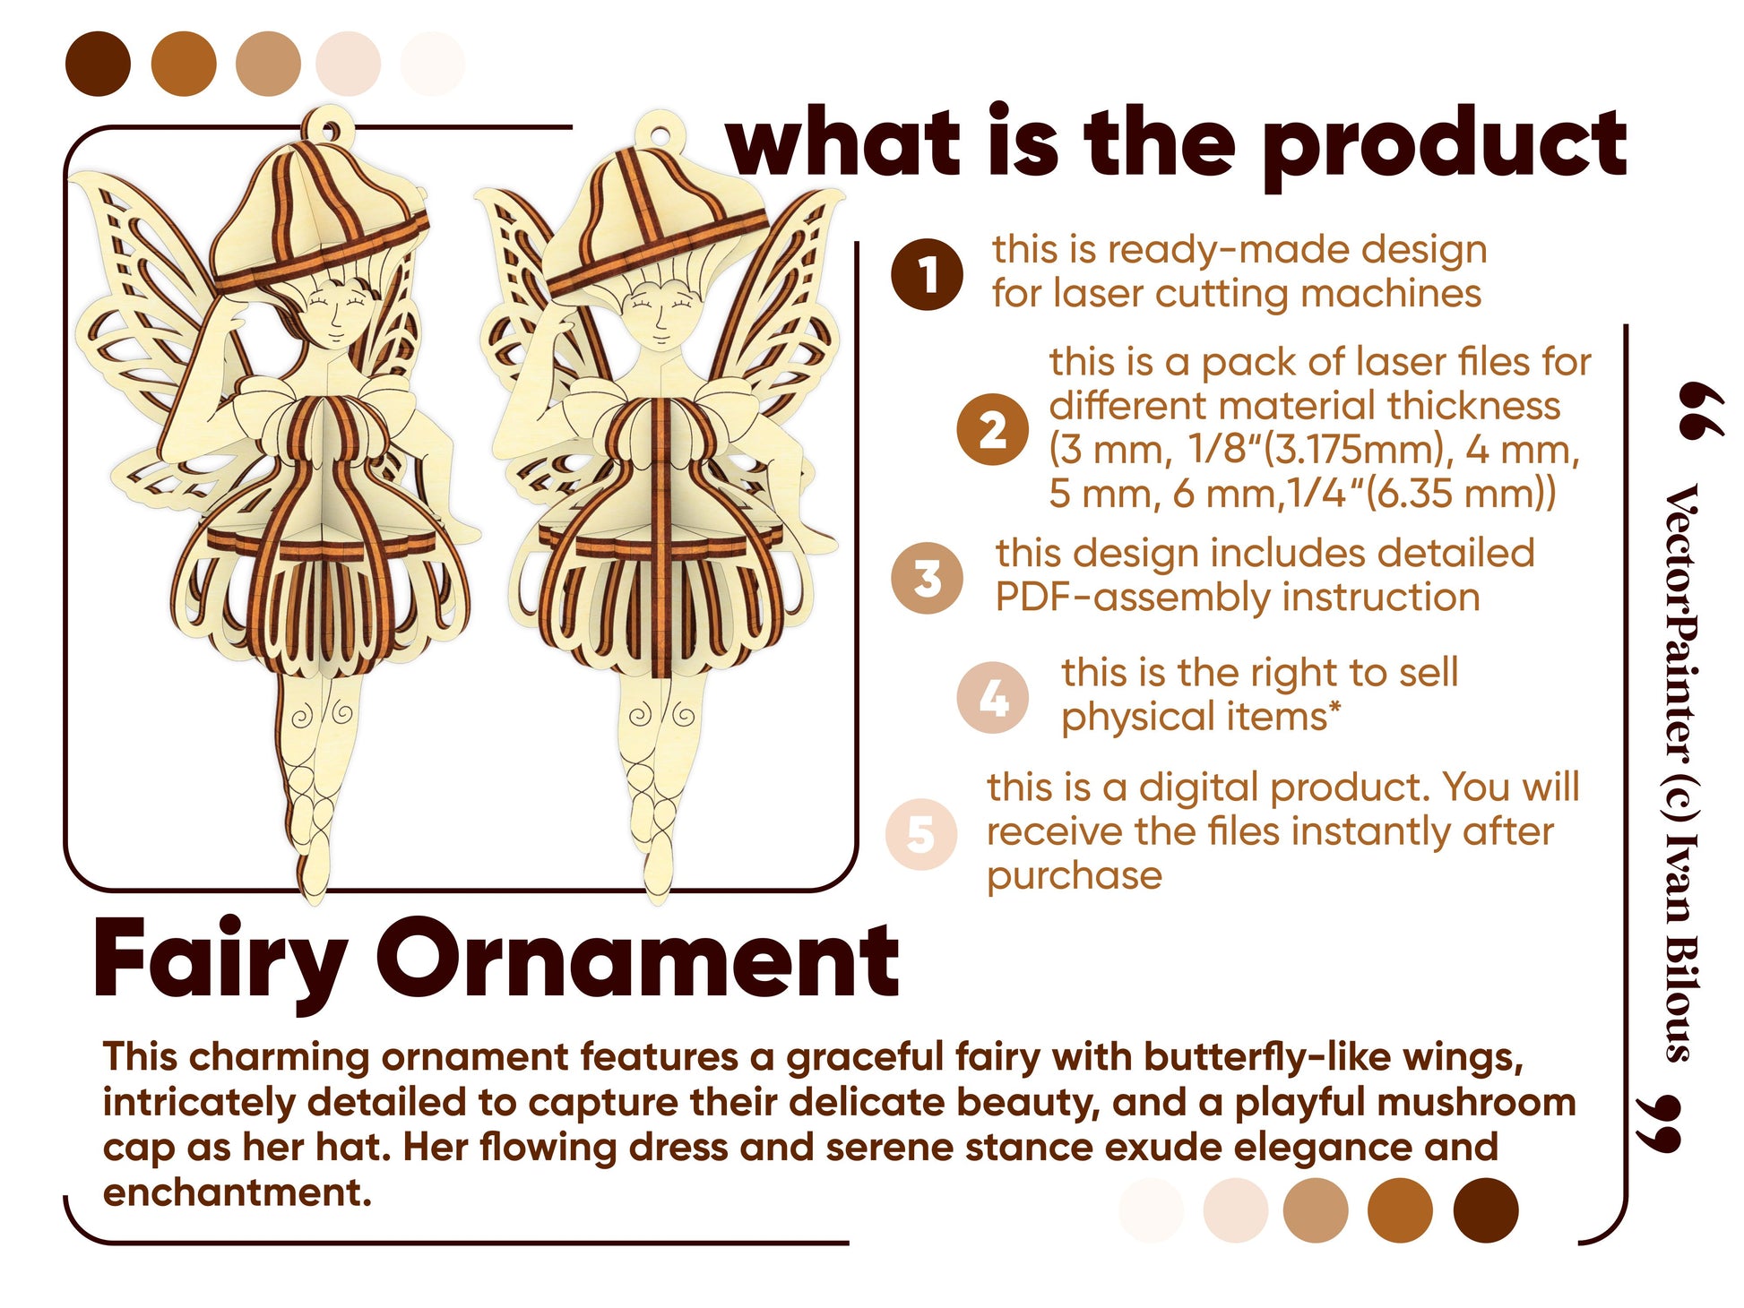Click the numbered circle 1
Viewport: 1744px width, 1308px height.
pos(927,274)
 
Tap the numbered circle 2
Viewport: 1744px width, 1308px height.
pos(992,429)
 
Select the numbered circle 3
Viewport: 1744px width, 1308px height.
pos(927,578)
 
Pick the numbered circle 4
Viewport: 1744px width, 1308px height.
pos(992,698)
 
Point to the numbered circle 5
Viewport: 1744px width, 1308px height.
pos(920,834)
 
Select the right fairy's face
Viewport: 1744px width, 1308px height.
pos(660,318)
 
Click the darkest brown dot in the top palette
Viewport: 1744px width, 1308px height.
pos(98,64)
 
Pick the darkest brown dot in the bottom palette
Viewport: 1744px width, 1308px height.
pos(1486,1210)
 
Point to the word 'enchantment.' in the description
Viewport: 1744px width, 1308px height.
pos(237,1192)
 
